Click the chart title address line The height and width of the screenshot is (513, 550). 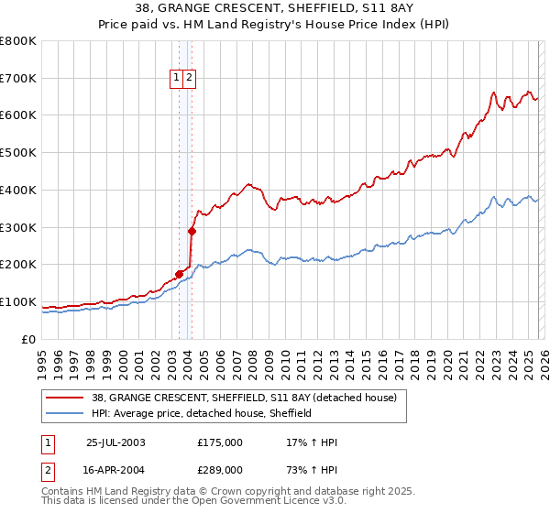tap(274, 9)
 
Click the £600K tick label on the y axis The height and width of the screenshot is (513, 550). tap(18, 115)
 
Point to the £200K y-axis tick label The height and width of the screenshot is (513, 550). tap(18, 265)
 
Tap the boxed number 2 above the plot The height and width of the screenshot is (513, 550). tap(189, 79)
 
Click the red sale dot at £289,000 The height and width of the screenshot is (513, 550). tap(192, 231)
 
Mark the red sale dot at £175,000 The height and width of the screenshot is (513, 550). tap(180, 273)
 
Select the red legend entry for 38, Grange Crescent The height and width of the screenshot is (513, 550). tap(243, 398)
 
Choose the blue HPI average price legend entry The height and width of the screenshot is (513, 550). tap(202, 413)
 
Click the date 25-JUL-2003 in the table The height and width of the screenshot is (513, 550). tap(115, 442)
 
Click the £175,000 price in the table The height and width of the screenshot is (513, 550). tap(220, 442)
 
